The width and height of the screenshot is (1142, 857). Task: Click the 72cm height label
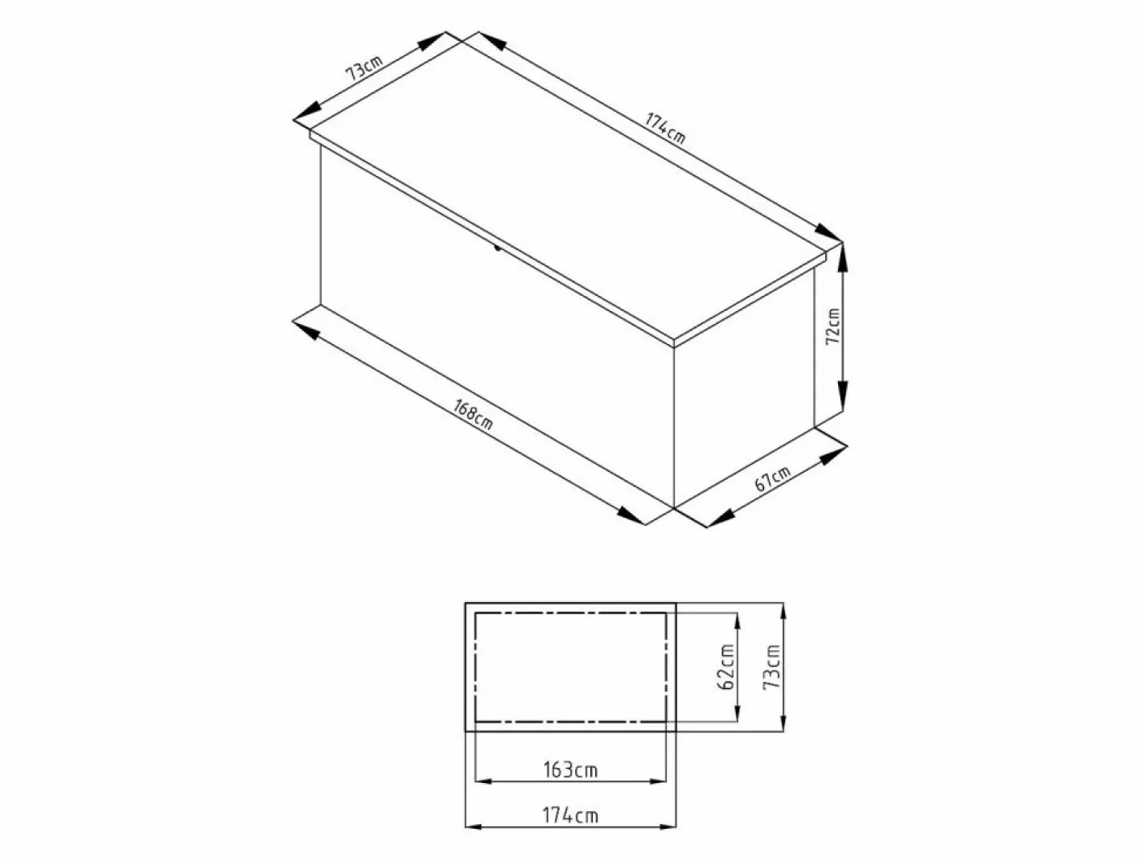pyautogui.click(x=833, y=326)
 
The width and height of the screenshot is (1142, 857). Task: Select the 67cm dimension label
pyautogui.click(x=773, y=478)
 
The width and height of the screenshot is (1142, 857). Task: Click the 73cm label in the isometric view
pyautogui.click(x=364, y=68)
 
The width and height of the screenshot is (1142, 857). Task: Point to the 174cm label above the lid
pyautogui.click(x=665, y=128)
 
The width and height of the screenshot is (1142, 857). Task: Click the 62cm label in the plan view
pyautogui.click(x=726, y=666)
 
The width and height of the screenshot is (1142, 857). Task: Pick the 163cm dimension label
pyautogui.click(x=570, y=769)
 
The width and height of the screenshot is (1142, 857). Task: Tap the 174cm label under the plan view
pyautogui.click(x=570, y=815)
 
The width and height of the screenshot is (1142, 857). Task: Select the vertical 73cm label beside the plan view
pyautogui.click(x=771, y=667)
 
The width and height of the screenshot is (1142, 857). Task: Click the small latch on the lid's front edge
pyautogui.click(x=498, y=248)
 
